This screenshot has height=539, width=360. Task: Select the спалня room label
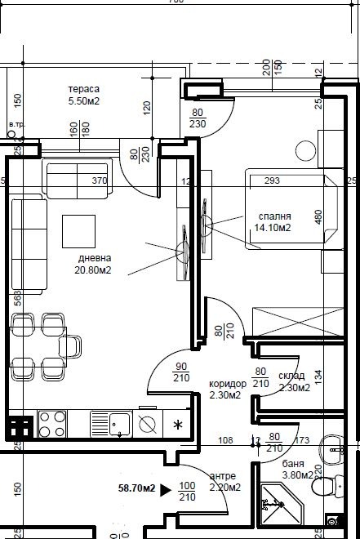pyautogui.click(x=274, y=216)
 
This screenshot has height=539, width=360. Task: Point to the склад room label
pyautogui.click(x=291, y=376)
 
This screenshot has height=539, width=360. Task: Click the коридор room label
pyautogui.click(x=228, y=383)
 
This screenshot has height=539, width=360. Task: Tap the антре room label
pyautogui.click(x=224, y=477)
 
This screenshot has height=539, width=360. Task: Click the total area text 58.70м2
pyautogui.click(x=137, y=490)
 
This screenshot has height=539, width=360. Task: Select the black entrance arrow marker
pyautogui.click(x=165, y=490)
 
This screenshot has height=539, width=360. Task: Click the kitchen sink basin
pyautogui.click(x=119, y=423)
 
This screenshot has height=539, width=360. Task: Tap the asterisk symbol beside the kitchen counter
pyautogui.click(x=178, y=425)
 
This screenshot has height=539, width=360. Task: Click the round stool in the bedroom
pyautogui.click(x=306, y=150)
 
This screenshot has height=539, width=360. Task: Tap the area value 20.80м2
pyautogui.click(x=93, y=269)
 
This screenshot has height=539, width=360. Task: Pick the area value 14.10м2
pyautogui.click(x=273, y=228)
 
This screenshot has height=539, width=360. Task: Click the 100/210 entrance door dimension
pyautogui.click(x=188, y=491)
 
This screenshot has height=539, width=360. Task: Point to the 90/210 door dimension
pyautogui.click(x=180, y=372)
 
